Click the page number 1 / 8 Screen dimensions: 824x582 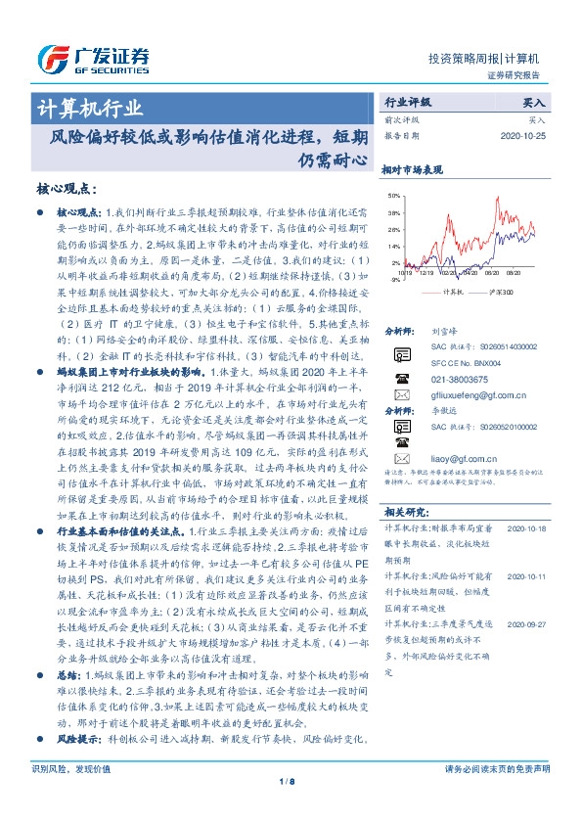tap(291, 807)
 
